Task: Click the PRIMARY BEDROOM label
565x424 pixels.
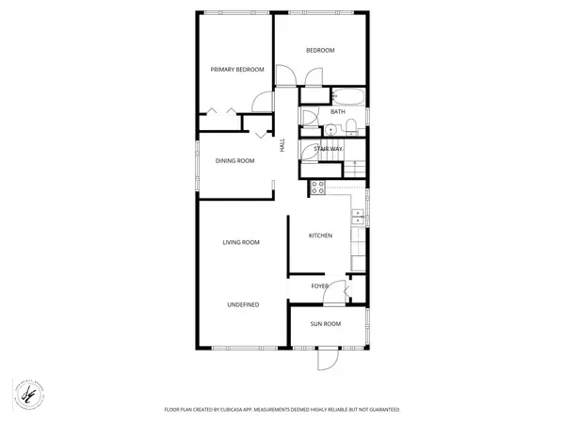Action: click(x=235, y=69)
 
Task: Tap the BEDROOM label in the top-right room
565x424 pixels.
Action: click(x=320, y=50)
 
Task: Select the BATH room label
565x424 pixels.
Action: click(x=337, y=112)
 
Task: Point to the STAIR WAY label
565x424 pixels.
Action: click(x=328, y=149)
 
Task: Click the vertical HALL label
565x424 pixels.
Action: click(x=281, y=145)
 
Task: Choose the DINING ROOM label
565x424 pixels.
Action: click(x=235, y=160)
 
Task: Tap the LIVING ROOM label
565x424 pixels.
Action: click(x=240, y=242)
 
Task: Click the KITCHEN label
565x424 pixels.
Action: click(x=320, y=236)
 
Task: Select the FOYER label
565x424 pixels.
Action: click(x=319, y=285)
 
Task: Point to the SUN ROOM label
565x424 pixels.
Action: click(x=325, y=324)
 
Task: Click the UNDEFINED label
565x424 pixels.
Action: click(x=243, y=304)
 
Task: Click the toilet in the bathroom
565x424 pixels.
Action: click(x=347, y=128)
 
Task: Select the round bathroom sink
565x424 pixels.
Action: click(x=331, y=130)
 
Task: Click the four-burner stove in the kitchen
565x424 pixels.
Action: click(x=317, y=187)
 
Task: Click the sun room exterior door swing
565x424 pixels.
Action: click(x=327, y=360)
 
